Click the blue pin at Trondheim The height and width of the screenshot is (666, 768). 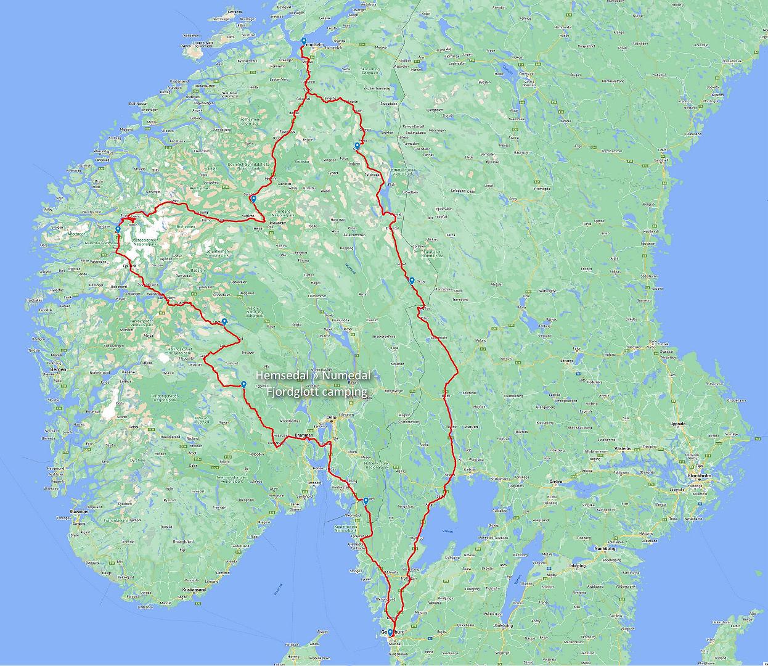pyautogui.click(x=304, y=42)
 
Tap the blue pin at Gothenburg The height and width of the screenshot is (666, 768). pyautogui.click(x=390, y=632)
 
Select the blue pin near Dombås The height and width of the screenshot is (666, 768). pyautogui.click(x=253, y=199)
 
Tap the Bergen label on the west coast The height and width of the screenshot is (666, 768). pyautogui.click(x=59, y=369)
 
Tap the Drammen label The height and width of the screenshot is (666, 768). pyautogui.click(x=305, y=435)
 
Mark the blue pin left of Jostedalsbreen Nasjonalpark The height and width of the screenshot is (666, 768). pyautogui.click(x=118, y=229)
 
